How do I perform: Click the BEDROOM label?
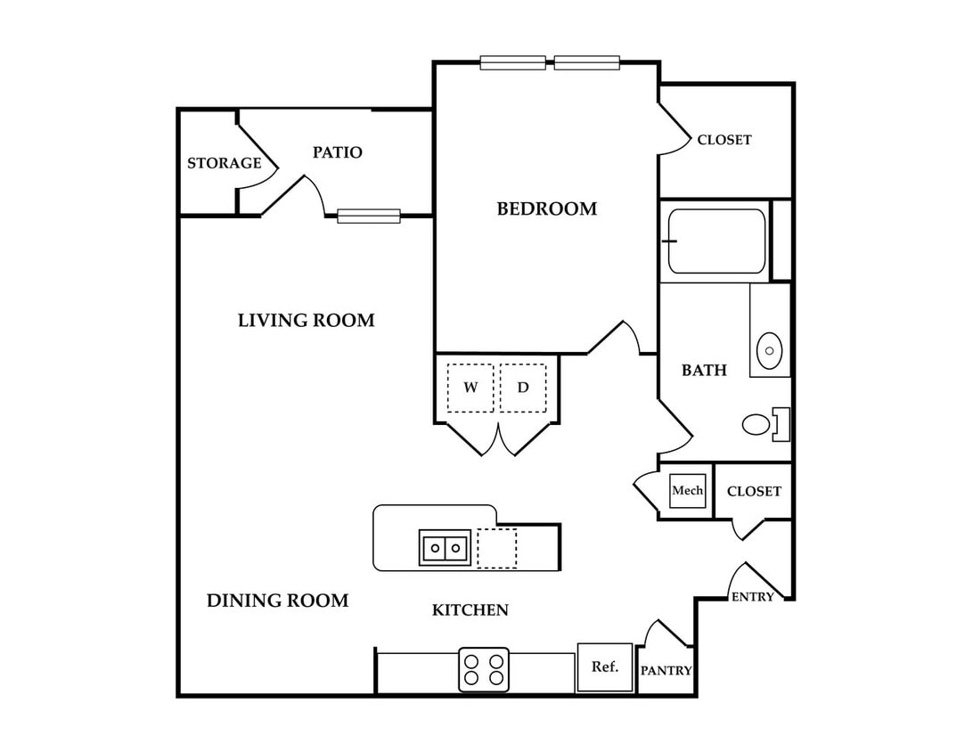point(547,208)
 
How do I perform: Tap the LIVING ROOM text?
point(307,320)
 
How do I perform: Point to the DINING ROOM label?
point(277,601)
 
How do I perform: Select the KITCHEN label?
point(470,610)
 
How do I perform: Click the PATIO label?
point(338,152)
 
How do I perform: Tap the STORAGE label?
point(225,163)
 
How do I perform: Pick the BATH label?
point(704,371)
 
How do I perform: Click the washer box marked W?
point(470,388)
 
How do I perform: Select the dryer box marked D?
point(523,388)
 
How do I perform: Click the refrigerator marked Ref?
point(604,667)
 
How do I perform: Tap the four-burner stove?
point(484,669)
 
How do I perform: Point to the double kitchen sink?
point(445,548)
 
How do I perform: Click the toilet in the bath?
point(765,424)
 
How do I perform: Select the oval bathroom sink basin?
point(770,350)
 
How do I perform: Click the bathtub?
point(716,241)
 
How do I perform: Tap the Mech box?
point(688,490)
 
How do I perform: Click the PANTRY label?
point(666,671)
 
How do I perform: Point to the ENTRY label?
point(753,597)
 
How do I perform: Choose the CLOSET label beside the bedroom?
point(724,140)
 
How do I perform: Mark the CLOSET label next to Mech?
point(754,492)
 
